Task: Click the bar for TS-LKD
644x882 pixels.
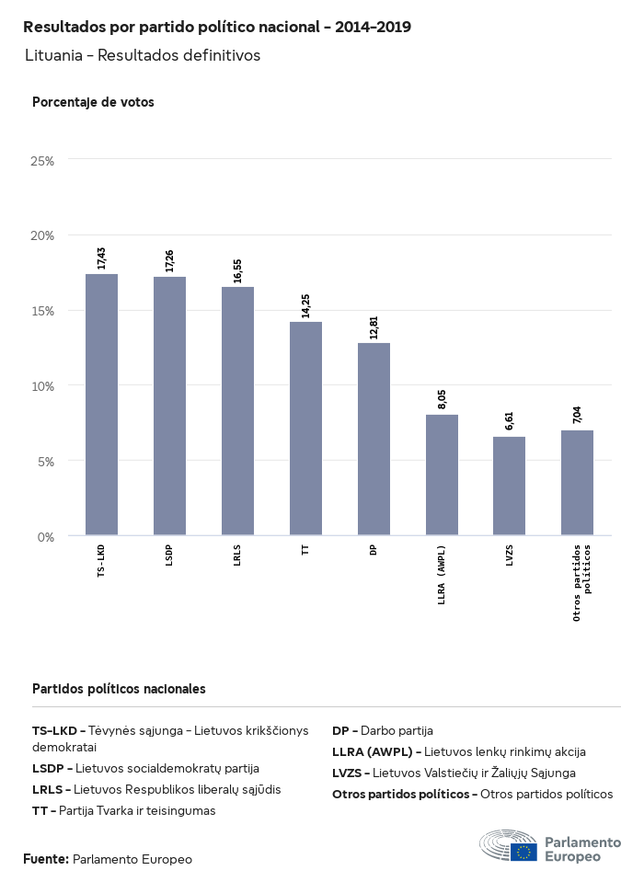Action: (x=101, y=405)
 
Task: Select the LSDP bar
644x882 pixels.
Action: (x=169, y=406)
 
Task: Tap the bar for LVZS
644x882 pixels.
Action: (x=509, y=486)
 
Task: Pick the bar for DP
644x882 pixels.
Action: (x=374, y=439)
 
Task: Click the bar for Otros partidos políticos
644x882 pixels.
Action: (x=577, y=483)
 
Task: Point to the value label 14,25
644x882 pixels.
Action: (x=305, y=306)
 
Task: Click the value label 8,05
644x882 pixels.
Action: (x=442, y=399)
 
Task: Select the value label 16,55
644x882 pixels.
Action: (x=237, y=271)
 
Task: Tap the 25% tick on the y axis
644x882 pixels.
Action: (x=42, y=161)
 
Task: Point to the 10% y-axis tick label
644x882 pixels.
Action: (x=42, y=385)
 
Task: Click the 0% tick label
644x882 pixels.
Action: (x=46, y=536)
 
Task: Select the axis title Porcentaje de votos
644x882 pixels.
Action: (x=93, y=102)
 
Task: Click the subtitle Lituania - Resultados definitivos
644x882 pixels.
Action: (x=143, y=55)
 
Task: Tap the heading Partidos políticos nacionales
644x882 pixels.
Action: (x=119, y=688)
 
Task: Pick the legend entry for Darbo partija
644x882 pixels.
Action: (x=383, y=731)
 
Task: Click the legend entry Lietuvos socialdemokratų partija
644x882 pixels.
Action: (x=145, y=768)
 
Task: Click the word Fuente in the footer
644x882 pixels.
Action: (x=46, y=859)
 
